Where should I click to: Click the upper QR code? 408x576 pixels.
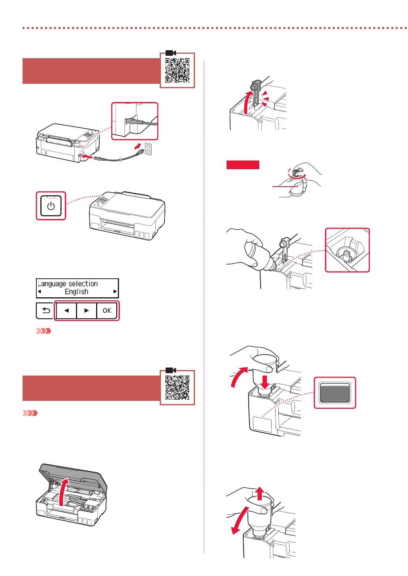pos(177,70)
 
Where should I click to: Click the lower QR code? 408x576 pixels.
pos(177,388)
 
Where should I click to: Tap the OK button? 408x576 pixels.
pos(107,311)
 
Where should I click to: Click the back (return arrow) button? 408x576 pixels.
pos(46,311)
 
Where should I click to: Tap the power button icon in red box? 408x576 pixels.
pos(51,206)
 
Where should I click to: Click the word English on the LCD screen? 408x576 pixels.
pos(76,292)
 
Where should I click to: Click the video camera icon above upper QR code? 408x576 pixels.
pos(171,53)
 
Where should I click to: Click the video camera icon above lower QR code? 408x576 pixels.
pos(171,370)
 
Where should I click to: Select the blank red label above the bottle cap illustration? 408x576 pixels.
pos(243,165)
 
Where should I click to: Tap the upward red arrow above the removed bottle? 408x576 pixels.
pos(259,493)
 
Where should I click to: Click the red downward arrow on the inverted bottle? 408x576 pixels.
pos(265,381)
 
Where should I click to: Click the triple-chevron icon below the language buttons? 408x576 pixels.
pos(43,331)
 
